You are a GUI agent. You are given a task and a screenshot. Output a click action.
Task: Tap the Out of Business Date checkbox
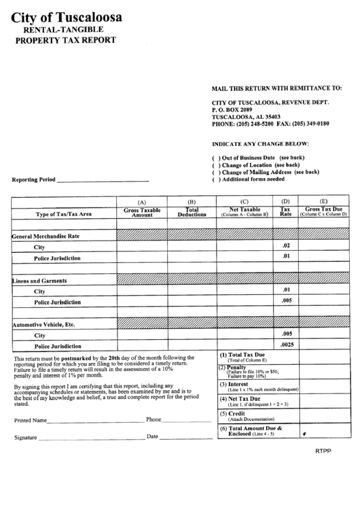point(216,157)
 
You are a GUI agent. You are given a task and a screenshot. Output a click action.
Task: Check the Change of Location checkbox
point(216,164)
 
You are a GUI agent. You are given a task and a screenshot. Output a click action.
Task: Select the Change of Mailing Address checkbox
point(216,172)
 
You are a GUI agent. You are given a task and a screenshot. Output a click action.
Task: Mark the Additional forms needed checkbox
point(216,179)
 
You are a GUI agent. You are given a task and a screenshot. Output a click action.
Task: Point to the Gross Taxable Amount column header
point(142,212)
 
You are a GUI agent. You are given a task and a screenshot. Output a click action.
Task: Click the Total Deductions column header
point(192,212)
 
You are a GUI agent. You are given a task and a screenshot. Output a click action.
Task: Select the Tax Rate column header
point(285,212)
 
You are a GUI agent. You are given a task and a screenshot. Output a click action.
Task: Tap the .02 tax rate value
point(285,245)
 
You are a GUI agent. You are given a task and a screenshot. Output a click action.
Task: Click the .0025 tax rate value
point(287,345)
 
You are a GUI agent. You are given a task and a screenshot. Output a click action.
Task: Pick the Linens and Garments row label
point(40,280)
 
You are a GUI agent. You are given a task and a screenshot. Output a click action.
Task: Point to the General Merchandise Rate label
point(46,236)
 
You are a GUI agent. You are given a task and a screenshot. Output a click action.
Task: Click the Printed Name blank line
point(96,421)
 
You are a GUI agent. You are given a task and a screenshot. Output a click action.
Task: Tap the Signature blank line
point(92,438)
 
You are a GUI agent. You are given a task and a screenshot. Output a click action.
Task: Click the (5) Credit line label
point(233,413)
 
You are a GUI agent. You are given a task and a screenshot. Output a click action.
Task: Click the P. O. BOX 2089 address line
point(232,109)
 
